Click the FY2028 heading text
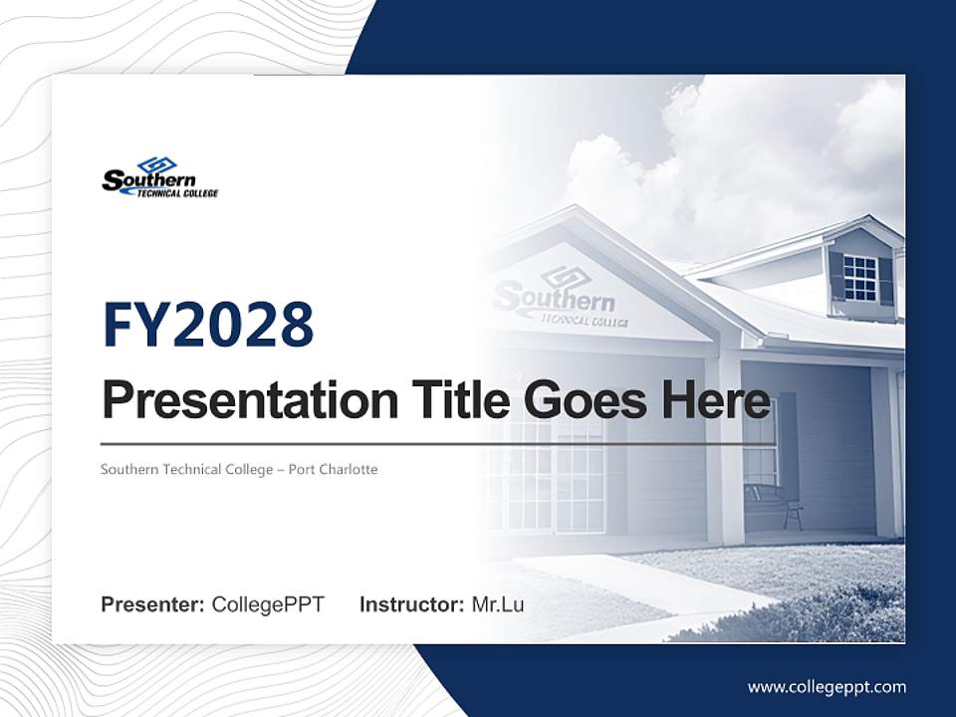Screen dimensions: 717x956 point(208,326)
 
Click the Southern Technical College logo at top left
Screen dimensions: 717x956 point(159,177)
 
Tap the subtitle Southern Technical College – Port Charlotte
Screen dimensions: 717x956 point(239,469)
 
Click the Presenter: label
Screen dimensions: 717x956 point(152,604)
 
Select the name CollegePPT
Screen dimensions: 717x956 point(268,604)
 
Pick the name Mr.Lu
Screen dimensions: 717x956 point(498,604)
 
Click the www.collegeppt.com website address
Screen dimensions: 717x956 point(827,686)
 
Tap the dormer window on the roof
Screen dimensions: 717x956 point(859,278)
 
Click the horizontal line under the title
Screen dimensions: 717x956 point(438,444)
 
